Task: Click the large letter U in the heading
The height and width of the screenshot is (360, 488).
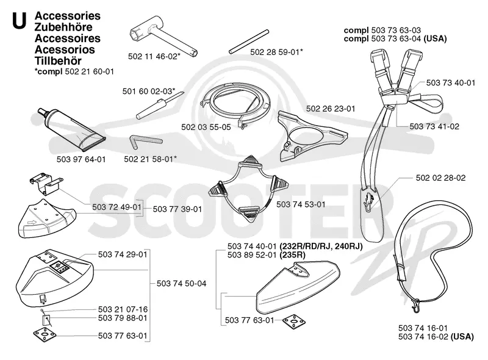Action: [x=19, y=21]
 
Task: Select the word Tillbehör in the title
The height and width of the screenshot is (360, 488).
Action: [x=58, y=61]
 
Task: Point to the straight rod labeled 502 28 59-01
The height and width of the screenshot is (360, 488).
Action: [x=249, y=41]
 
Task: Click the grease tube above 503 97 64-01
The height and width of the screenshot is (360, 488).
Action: [x=71, y=130]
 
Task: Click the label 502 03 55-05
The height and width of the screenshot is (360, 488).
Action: [x=206, y=127]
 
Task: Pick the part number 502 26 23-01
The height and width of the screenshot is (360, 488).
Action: [x=331, y=109]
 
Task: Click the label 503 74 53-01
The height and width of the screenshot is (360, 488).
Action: [x=301, y=204]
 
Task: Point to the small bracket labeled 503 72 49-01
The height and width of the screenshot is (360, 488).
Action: [x=46, y=184]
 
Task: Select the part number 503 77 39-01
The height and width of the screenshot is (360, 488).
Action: [x=178, y=209]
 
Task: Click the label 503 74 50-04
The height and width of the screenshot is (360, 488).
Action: [x=181, y=283]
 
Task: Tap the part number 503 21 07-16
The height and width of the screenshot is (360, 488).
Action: [x=123, y=309]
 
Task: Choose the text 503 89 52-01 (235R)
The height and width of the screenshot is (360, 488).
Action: [x=266, y=254]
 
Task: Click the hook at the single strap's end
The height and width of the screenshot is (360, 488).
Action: [x=415, y=306]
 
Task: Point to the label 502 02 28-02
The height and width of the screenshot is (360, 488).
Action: [x=440, y=178]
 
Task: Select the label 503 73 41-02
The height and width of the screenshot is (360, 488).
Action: [x=434, y=126]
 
